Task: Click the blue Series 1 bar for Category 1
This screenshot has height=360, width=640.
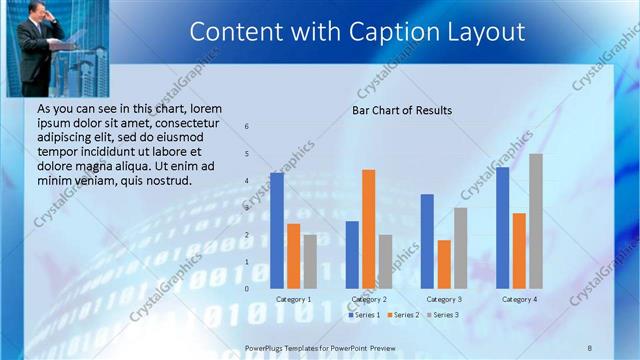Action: [x=277, y=230]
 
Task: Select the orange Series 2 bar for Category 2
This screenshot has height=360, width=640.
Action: [x=369, y=228]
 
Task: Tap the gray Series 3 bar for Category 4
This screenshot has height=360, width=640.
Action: [x=536, y=221]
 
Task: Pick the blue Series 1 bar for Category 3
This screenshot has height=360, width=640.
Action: [x=427, y=241]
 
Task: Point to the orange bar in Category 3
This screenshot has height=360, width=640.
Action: [x=444, y=264]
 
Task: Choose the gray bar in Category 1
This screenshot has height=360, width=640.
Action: [x=310, y=262]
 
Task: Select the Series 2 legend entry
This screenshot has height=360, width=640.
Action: [x=402, y=315]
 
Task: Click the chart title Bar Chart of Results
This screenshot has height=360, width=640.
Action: [x=402, y=110]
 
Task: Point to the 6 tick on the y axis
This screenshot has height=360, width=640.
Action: [x=247, y=127]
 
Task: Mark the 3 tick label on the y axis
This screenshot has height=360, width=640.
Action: [x=247, y=208]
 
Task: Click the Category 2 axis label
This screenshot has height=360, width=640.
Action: [x=369, y=299]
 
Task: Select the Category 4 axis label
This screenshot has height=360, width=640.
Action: [x=519, y=299]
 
